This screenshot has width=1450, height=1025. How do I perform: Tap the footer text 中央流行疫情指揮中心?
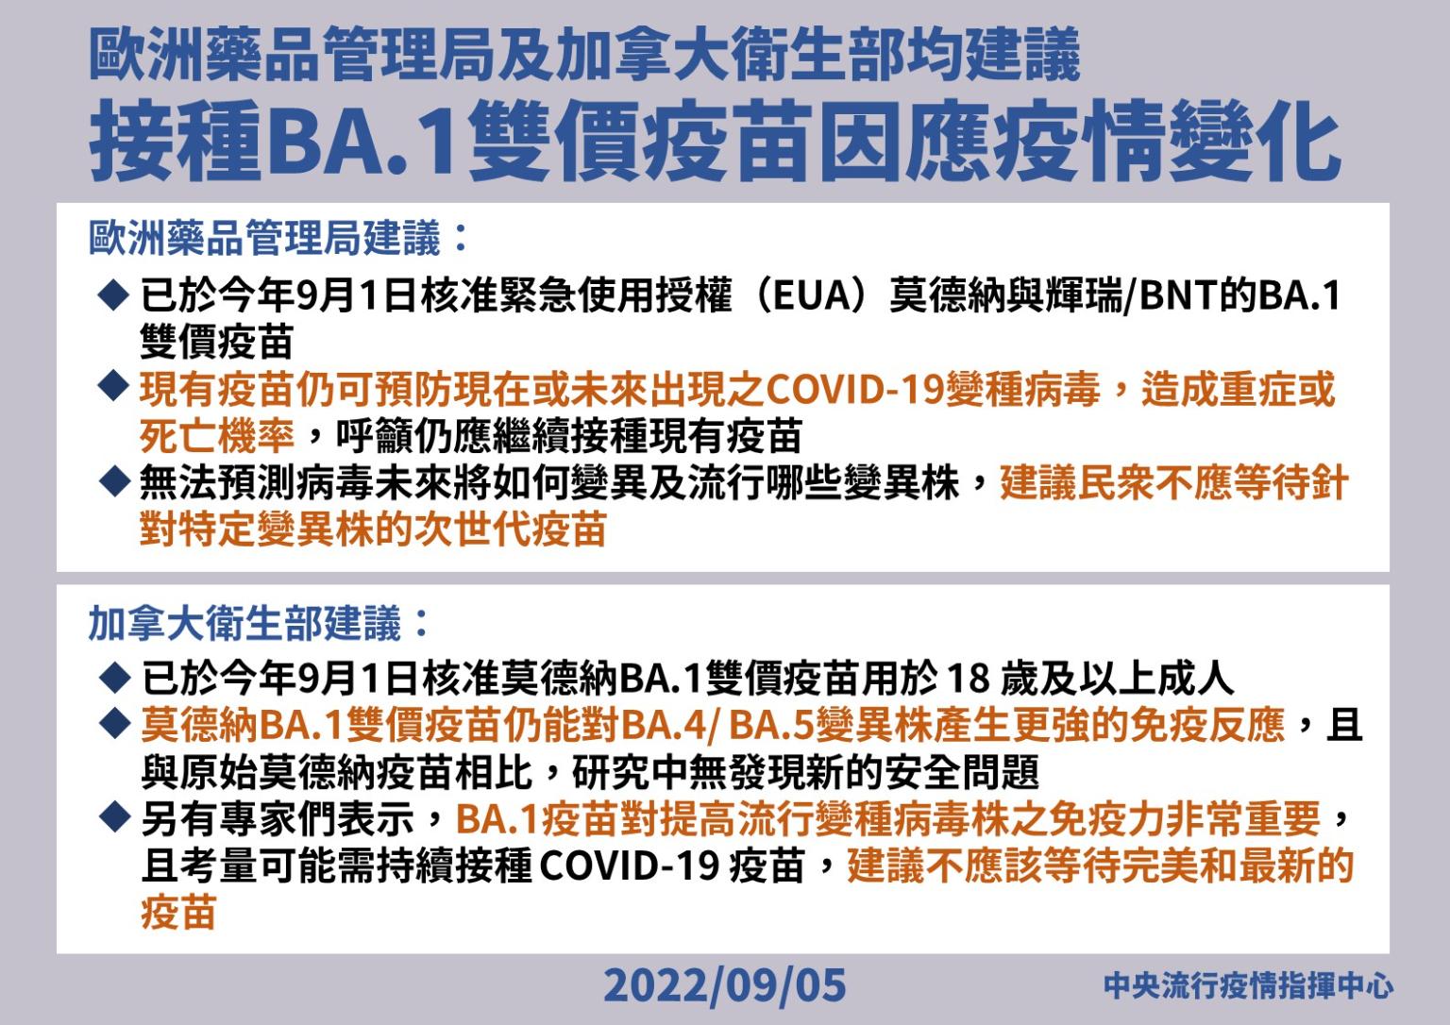click(x=1249, y=985)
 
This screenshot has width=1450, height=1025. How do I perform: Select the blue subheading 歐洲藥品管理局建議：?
click(x=279, y=238)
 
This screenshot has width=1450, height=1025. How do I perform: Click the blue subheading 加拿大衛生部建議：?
click(x=259, y=624)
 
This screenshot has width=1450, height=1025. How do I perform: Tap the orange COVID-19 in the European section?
click(x=854, y=389)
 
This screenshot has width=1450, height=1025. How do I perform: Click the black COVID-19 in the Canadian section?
click(x=629, y=865)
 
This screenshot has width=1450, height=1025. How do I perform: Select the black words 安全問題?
click(x=963, y=772)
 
